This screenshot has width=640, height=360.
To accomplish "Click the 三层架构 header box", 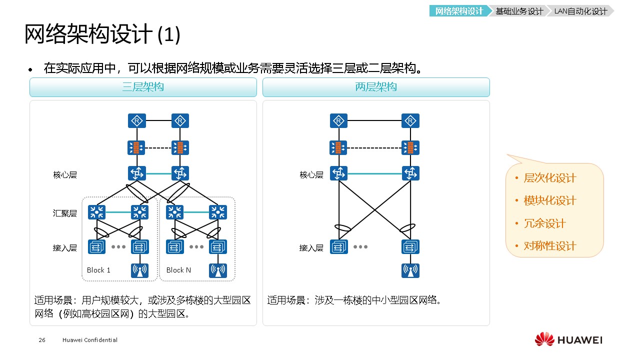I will click(143, 87).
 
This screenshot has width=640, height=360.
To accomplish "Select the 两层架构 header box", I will click(376, 87).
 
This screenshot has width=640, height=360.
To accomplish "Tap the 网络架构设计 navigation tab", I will click(459, 11).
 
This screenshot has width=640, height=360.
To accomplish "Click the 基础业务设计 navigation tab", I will click(519, 11).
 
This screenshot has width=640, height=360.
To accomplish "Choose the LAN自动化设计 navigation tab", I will click(580, 11).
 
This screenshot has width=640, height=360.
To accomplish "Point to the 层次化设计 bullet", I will click(549, 178).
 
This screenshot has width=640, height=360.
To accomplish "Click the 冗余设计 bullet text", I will click(544, 223).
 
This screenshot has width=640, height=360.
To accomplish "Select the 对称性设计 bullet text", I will click(549, 245).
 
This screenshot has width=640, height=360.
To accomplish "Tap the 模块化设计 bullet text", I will click(549, 200).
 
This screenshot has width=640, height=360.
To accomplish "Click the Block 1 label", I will click(98, 270).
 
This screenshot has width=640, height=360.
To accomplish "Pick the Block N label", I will click(178, 270).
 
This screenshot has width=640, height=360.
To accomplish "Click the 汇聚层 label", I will click(65, 213).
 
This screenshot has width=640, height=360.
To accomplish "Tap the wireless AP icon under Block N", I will click(218, 270).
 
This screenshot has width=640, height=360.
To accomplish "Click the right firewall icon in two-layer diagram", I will click(410, 147).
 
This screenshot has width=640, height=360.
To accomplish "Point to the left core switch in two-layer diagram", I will click(339, 173).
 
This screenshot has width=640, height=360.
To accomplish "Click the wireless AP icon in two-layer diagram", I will click(410, 270).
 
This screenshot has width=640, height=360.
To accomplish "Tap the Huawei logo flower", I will click(544, 339).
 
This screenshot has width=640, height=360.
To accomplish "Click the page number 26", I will click(42, 340).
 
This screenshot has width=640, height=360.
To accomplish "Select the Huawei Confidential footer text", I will click(90, 340).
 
